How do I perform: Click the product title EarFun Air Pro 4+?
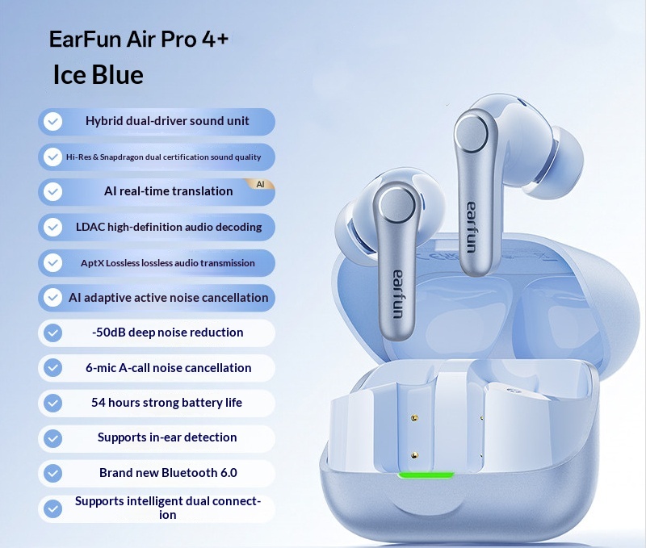pos(139,40)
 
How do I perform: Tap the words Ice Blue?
pos(98,74)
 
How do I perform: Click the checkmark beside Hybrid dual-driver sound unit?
pos(53,122)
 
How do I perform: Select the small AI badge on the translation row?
pos(260,184)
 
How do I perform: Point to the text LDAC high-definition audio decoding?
pos(169,227)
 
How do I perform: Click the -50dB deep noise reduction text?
pos(167,333)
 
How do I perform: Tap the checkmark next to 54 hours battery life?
pos(53,403)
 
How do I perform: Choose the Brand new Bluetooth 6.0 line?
pos(168,473)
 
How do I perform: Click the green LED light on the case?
pos(426,474)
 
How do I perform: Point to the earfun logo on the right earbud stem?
pos(471,226)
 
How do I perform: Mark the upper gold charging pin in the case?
pos(414,418)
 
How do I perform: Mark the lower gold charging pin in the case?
pos(414,455)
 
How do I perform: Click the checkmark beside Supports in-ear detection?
pos(53,438)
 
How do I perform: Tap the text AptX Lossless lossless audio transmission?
pos(168,263)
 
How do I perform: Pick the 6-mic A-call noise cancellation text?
pos(169,368)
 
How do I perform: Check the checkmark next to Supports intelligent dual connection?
pos(53,508)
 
